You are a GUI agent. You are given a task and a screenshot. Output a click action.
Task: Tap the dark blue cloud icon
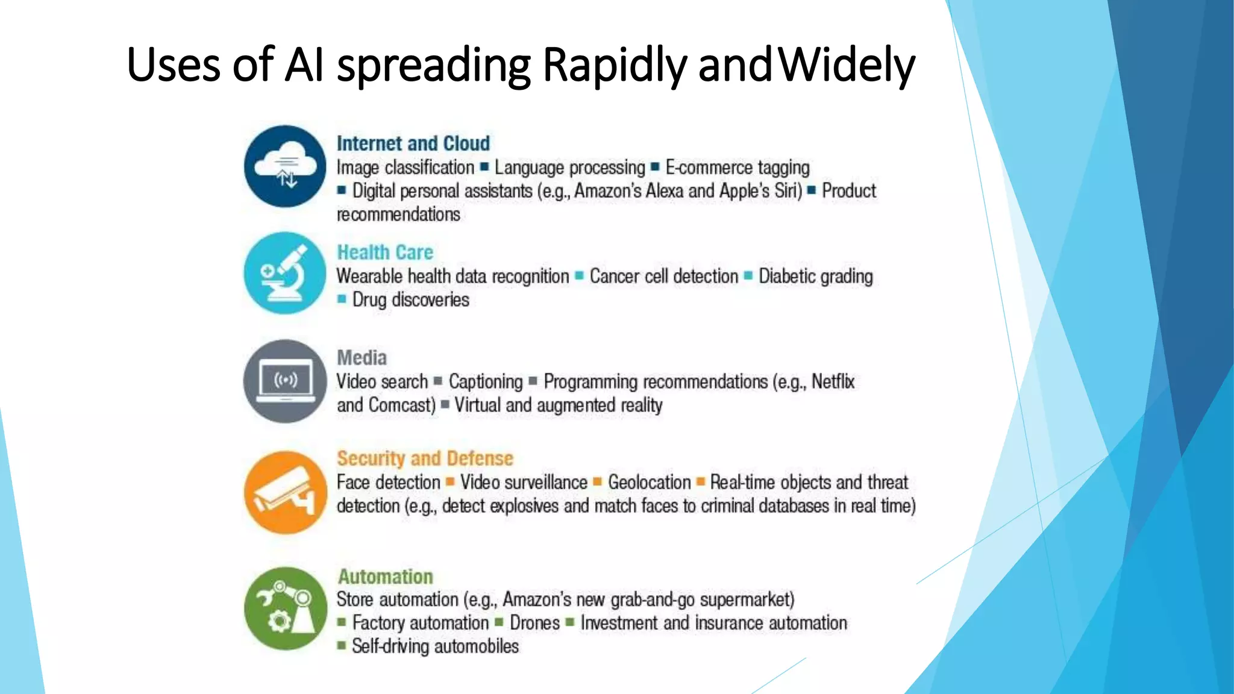click(285, 166)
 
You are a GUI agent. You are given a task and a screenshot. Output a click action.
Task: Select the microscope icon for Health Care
click(285, 273)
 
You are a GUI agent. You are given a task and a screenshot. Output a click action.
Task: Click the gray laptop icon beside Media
click(285, 381)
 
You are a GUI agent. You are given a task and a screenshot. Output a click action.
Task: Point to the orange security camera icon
click(285, 492)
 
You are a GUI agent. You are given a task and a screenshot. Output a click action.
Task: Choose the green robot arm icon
click(285, 608)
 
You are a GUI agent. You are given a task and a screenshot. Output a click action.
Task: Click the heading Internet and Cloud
click(413, 143)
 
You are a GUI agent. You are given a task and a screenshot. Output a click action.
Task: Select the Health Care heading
click(385, 252)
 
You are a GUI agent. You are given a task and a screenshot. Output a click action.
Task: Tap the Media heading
click(362, 357)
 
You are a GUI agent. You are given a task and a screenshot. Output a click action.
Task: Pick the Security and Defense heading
click(425, 458)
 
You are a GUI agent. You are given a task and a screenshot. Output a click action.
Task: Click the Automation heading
click(385, 577)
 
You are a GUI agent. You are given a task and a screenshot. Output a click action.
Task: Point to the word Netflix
click(833, 381)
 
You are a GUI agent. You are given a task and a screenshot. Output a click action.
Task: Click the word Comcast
click(401, 405)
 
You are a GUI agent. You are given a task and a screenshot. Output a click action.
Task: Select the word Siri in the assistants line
click(787, 191)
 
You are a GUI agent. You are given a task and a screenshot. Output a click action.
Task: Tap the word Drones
click(534, 623)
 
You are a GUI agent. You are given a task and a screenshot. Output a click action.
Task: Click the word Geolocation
click(649, 483)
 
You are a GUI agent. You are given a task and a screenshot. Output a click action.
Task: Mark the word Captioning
click(486, 381)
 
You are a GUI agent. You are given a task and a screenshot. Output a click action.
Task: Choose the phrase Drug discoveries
click(410, 299)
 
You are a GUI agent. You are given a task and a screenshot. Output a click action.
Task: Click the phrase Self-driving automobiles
click(435, 646)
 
